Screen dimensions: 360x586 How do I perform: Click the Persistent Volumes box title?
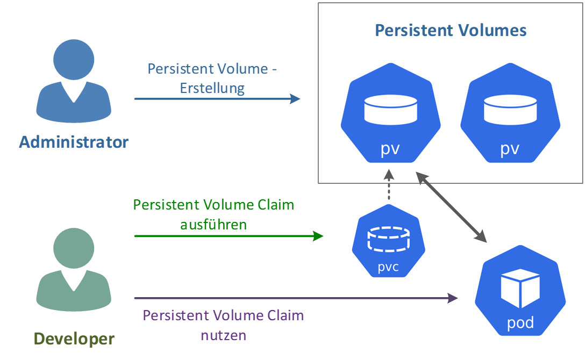(x=451, y=30)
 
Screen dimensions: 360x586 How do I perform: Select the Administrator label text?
(x=74, y=142)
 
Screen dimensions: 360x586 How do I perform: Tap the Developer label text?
(x=74, y=339)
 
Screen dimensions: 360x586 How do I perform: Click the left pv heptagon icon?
(x=390, y=113)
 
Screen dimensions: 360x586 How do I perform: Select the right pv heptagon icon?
(x=510, y=113)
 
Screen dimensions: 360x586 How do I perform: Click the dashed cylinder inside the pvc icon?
(x=388, y=239)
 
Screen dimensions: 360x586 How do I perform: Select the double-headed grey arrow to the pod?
(x=452, y=206)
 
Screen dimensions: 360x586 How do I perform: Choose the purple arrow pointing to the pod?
(x=296, y=298)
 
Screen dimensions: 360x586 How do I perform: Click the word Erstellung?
(x=212, y=88)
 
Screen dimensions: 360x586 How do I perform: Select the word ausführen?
(x=213, y=224)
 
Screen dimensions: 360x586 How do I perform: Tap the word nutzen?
(x=224, y=336)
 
